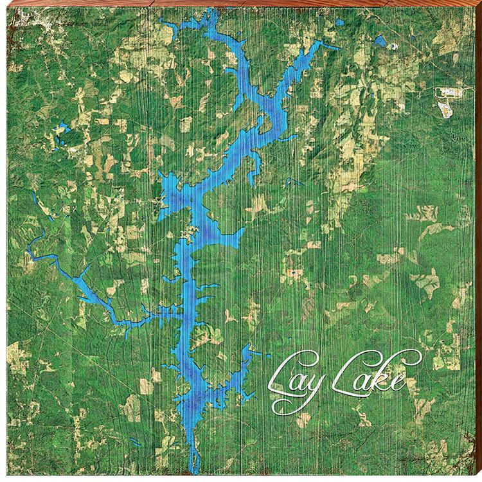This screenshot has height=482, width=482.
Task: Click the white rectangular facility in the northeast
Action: click(x=444, y=93)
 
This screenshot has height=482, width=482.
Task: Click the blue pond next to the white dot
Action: click(x=380, y=41)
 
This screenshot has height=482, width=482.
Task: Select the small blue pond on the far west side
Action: click(x=62, y=128)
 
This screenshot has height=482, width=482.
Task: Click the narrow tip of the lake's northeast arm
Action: click(x=337, y=48)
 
